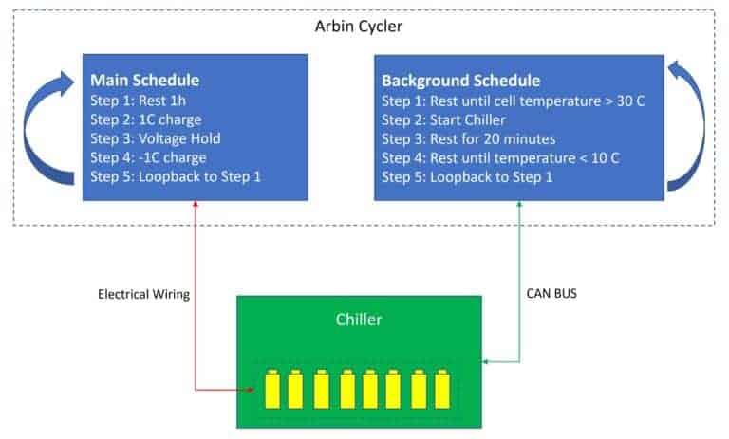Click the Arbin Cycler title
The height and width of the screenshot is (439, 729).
coord(359,26)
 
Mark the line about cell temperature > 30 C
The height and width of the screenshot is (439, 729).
coord(513,101)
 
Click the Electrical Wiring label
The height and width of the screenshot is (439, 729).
coord(143,295)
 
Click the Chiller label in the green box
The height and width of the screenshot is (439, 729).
coord(359,320)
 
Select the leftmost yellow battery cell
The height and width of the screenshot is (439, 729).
coord(271,385)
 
